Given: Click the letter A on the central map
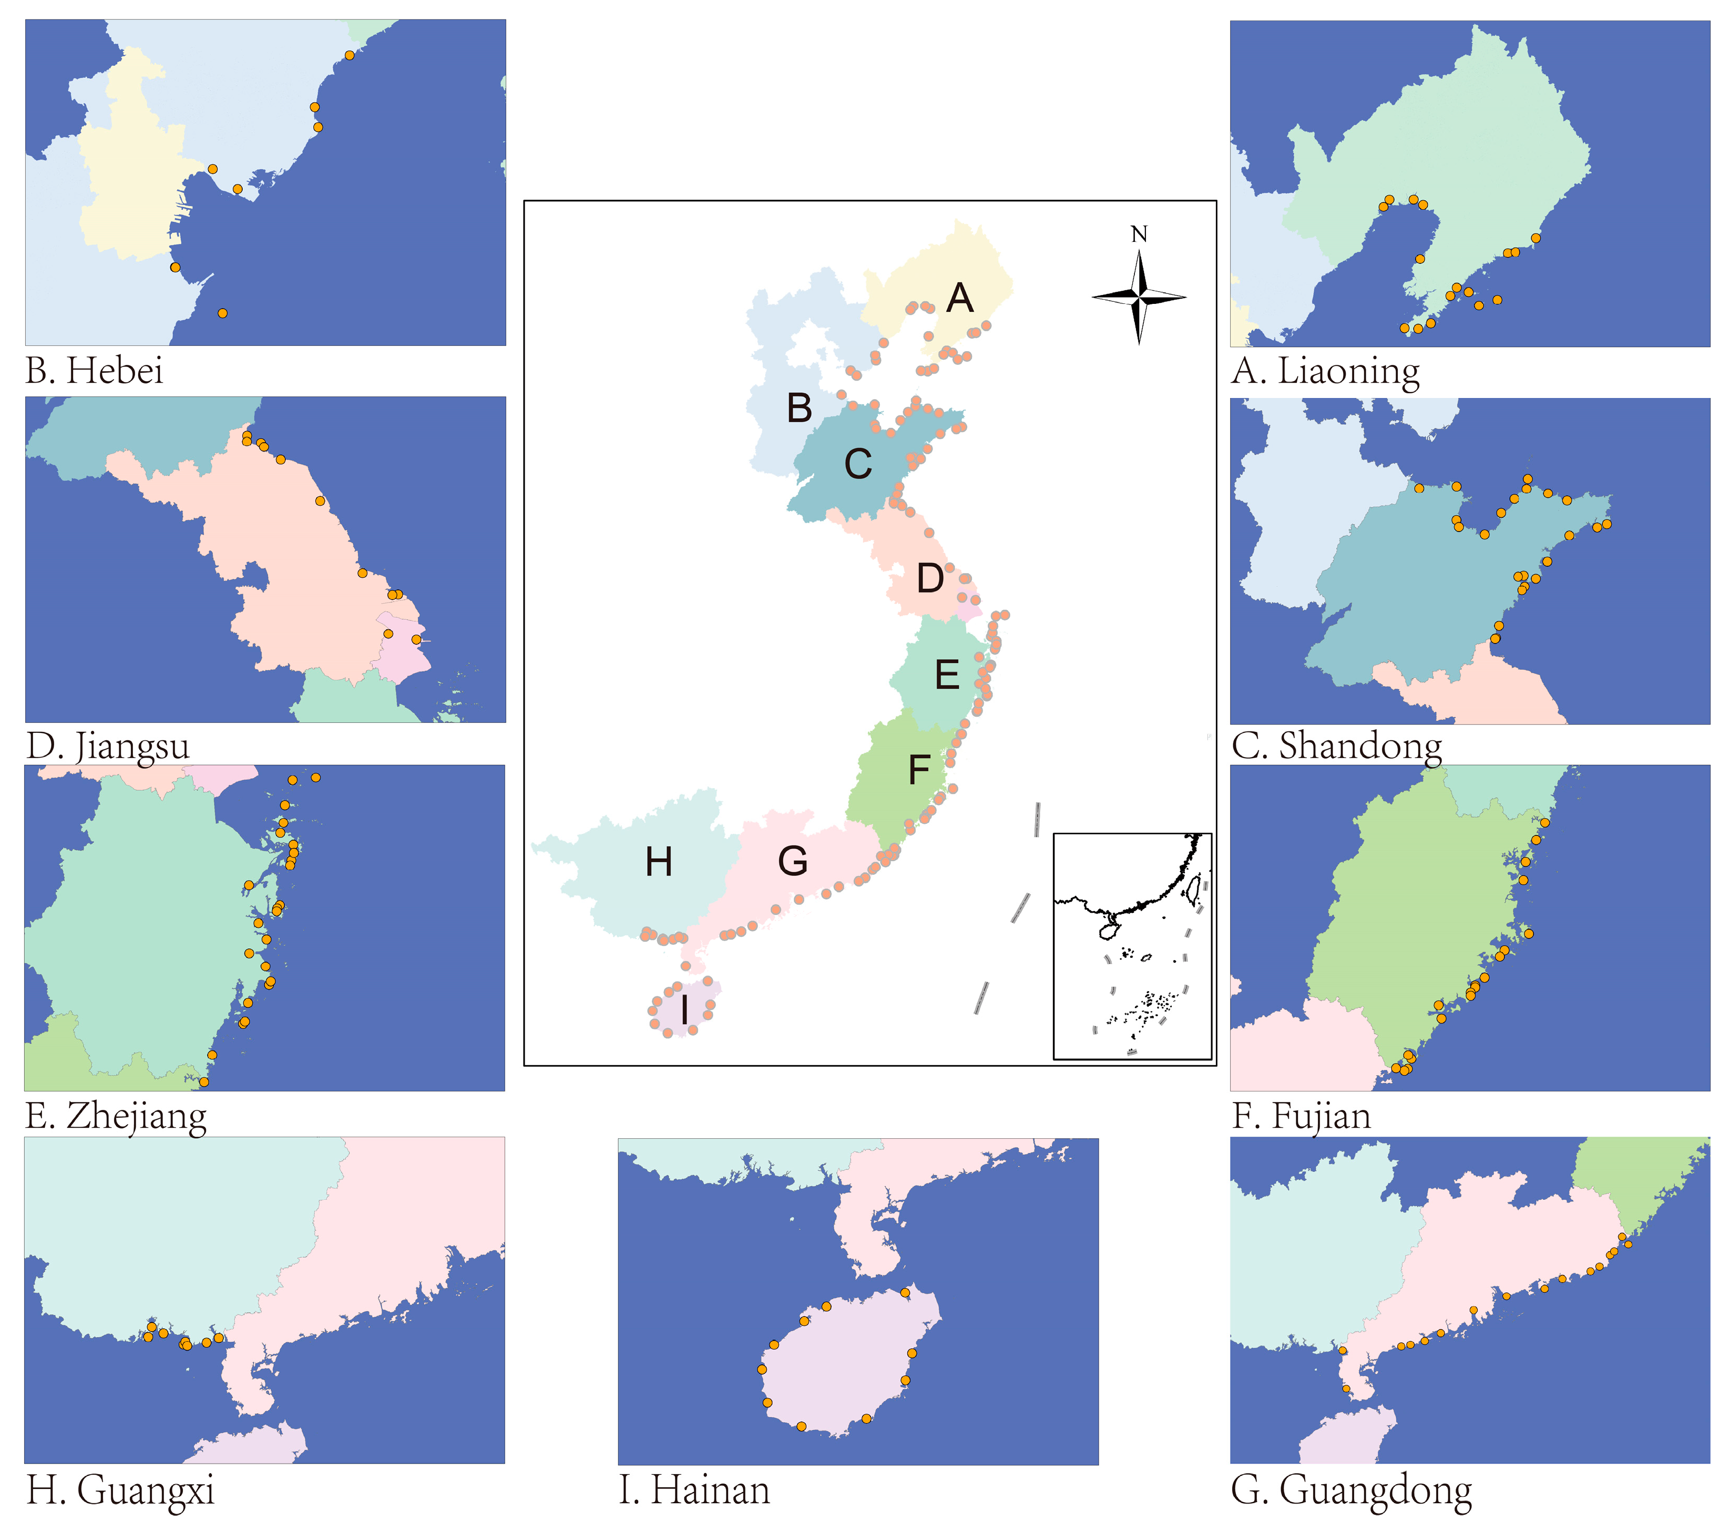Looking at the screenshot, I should pyautogui.click(x=960, y=298).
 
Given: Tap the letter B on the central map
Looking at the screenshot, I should pyautogui.click(x=799, y=408).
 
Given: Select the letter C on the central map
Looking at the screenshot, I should pyautogui.click(x=858, y=464).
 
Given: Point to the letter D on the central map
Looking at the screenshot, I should pyautogui.click(x=930, y=579).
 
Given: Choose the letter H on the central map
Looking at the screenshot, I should pyautogui.click(x=659, y=862).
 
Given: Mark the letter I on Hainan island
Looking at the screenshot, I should pyautogui.click(x=684, y=1009).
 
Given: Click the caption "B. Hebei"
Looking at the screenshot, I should pyautogui.click(x=94, y=371).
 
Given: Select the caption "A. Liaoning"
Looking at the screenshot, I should pyautogui.click(x=1325, y=372).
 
